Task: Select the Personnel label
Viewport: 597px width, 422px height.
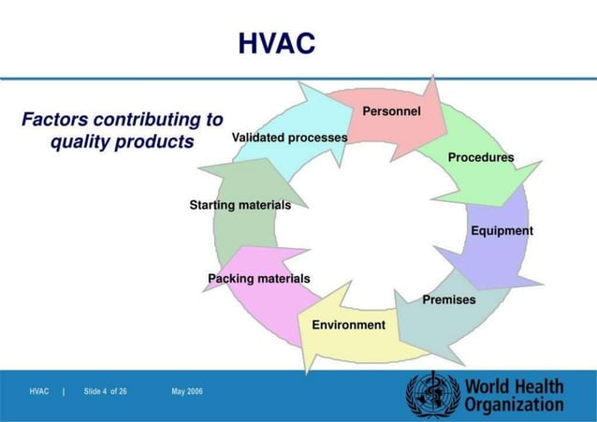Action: pos(391,111)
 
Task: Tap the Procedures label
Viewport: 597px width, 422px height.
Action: pos(480,157)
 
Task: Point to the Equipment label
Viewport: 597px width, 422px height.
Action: pos(502,230)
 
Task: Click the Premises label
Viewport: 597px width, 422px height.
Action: pos(449,299)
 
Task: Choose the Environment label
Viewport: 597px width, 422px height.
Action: pos(348,325)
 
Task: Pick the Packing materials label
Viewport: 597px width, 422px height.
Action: pos(258,279)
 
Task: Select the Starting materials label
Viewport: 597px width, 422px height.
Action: pos(240,204)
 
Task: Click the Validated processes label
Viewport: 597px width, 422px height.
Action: pos(289,138)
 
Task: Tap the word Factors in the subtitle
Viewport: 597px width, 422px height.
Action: pos(54,120)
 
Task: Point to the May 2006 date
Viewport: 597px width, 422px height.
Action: pos(187,390)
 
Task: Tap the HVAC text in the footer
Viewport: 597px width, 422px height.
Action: pos(39,390)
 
